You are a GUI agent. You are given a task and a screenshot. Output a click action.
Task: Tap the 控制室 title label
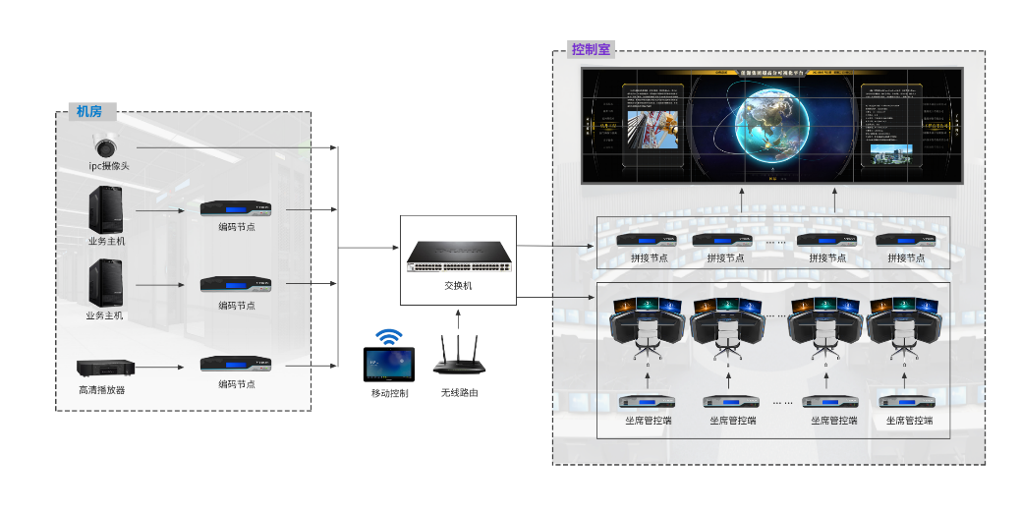[591, 49]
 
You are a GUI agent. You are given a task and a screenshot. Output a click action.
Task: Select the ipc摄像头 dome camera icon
[109, 143]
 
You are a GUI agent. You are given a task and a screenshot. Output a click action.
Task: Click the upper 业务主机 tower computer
[106, 209]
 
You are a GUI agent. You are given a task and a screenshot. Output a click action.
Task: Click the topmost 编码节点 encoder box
[236, 208]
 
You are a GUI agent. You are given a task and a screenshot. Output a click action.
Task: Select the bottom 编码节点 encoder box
[236, 364]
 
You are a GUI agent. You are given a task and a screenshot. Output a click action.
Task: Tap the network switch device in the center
[459, 257]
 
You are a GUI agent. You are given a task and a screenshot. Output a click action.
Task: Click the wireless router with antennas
[459, 359]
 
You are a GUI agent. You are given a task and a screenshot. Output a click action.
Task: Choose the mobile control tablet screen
[390, 365]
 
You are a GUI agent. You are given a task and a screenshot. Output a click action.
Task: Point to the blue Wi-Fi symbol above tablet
[390, 337]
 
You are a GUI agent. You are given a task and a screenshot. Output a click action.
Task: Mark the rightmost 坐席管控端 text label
[909, 421]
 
